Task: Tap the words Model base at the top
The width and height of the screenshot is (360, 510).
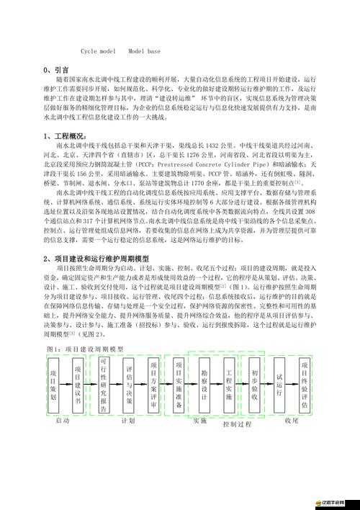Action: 145,52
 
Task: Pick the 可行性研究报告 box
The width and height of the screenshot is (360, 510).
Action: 104,385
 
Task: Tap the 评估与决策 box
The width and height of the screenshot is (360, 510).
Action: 130,385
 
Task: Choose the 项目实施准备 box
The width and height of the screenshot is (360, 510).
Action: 179,385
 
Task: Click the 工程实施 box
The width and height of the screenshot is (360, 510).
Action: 229,385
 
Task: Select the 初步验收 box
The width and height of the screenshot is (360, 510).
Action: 254,385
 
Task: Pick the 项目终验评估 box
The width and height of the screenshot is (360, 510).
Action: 305,385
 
